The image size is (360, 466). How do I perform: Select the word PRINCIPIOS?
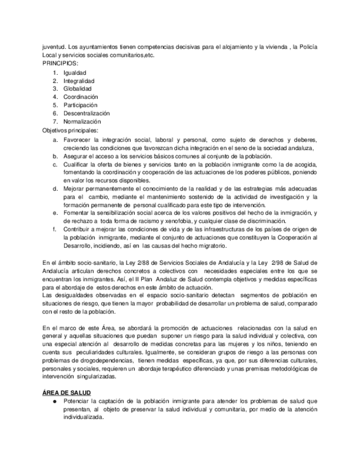[60, 64]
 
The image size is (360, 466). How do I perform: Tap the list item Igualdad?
[74, 73]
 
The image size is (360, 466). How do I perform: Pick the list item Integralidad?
[79, 81]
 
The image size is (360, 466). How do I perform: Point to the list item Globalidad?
[77, 89]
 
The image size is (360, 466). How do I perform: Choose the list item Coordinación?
[80, 97]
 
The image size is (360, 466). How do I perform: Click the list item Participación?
[80, 106]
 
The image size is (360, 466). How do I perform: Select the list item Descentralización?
[86, 114]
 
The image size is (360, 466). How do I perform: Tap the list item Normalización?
[82, 122]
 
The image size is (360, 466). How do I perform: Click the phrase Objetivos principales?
[70, 130]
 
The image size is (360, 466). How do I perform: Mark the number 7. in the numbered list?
[55, 122]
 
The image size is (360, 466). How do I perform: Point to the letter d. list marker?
[56, 188]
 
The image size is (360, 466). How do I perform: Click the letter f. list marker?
[55, 229]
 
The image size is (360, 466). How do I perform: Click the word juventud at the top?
[54, 48]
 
